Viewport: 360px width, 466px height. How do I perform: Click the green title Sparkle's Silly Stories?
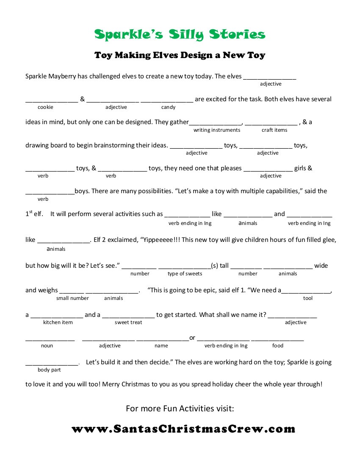[x=180, y=35]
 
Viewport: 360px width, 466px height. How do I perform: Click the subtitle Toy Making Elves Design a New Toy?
[x=180, y=55]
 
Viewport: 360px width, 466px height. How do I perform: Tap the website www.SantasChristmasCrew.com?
[x=183, y=429]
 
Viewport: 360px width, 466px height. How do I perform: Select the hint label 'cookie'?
[x=45, y=107]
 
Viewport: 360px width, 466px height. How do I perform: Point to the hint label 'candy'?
[x=168, y=107]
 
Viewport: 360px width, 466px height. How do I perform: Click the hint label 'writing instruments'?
[x=217, y=130]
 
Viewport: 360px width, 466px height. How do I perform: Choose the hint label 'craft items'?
[x=274, y=130]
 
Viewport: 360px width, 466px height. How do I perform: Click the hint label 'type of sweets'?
[x=185, y=274]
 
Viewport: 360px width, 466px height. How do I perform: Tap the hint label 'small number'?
[x=72, y=298]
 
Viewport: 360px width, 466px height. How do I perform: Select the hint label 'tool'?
[x=308, y=298]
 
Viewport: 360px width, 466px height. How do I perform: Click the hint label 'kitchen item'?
[x=58, y=322]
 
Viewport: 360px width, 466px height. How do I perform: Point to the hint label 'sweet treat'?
[x=128, y=322]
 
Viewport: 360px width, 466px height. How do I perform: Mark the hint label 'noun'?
[x=47, y=346]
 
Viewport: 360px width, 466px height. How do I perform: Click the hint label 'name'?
[x=161, y=346]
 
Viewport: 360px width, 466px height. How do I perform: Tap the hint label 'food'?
[x=278, y=346]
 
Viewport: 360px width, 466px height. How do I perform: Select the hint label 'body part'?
[x=49, y=370]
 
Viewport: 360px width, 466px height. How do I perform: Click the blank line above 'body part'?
[x=52, y=364]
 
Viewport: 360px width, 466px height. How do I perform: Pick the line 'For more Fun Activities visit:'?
[x=180, y=409]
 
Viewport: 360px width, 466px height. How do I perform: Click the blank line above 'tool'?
[x=306, y=292]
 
